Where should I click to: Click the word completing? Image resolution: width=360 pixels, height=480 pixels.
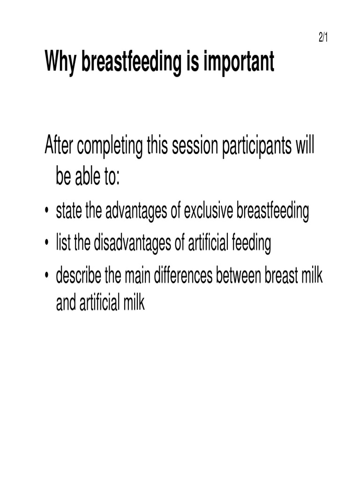(110, 148)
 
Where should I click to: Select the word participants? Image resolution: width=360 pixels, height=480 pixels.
(257, 148)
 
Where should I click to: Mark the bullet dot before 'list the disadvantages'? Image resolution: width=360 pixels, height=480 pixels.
(47, 244)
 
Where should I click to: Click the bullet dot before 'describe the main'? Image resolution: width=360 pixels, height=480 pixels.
(47, 276)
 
